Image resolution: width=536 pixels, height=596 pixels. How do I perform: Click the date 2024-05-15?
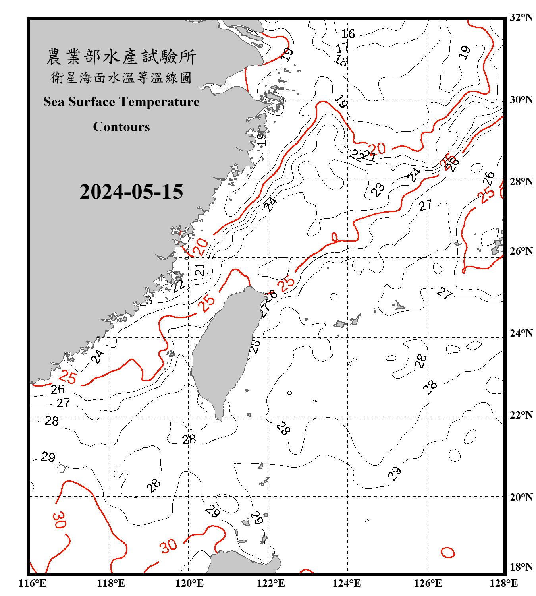tap(131, 192)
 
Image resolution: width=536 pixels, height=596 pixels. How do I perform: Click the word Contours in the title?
tap(121, 127)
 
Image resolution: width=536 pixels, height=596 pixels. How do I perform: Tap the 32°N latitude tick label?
tap(521, 17)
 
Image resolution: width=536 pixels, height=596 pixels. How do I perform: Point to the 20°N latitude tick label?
tap(521, 497)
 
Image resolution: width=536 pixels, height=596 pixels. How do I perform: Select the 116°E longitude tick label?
tap(32, 583)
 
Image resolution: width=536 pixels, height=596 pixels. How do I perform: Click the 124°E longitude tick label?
tap(347, 583)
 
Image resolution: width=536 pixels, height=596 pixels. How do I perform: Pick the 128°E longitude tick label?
tap(503, 583)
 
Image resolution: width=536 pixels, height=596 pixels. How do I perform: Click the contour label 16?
tap(348, 34)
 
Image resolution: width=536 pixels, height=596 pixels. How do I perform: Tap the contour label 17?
tap(342, 48)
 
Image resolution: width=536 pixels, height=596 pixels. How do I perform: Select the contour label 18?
tap(341, 60)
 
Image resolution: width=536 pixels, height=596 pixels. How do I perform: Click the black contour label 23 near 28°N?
tap(378, 190)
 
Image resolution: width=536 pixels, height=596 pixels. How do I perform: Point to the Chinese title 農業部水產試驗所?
tap(121, 57)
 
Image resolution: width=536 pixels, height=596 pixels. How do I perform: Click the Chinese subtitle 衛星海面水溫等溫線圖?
tap(121, 77)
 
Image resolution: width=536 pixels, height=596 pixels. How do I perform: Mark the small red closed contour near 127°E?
tap(447, 552)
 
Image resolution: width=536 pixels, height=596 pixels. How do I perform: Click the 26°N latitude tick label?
tap(521, 251)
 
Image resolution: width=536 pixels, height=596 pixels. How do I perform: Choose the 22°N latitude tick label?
tap(521, 415)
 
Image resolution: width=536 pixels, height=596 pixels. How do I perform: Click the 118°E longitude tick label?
tap(111, 583)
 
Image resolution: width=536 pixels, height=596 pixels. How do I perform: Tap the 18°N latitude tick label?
tap(521, 567)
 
